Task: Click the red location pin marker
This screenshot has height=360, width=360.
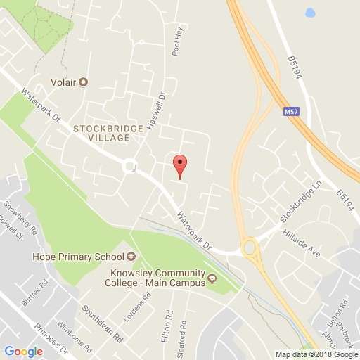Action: click(x=180, y=165)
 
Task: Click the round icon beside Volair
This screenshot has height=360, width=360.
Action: click(x=84, y=82)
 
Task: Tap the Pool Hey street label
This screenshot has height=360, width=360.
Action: click(x=176, y=43)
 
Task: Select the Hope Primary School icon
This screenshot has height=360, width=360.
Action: click(x=131, y=256)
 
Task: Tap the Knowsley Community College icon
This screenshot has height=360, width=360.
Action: click(x=210, y=283)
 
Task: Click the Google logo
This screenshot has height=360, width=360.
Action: click(x=23, y=351)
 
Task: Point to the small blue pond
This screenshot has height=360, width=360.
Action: click(x=310, y=12)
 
